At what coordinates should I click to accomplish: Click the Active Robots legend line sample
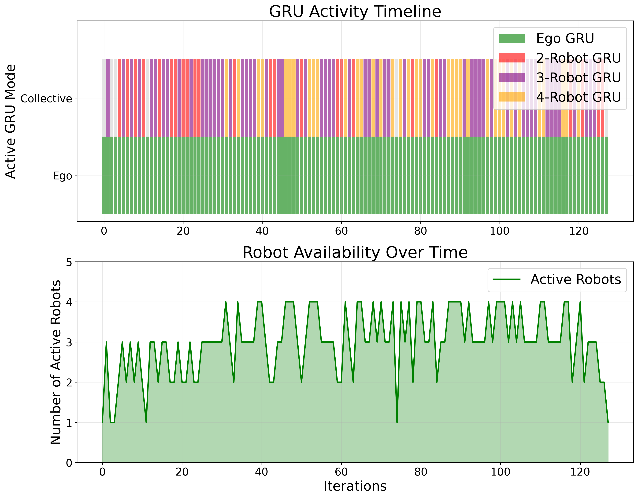[507, 279]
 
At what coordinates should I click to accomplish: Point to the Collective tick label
[46, 99]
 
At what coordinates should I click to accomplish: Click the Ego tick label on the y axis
[62, 176]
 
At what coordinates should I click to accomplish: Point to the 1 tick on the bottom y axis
[69, 423]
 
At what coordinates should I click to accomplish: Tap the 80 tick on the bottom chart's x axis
[421, 472]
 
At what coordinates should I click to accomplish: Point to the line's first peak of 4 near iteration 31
[226, 302]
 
